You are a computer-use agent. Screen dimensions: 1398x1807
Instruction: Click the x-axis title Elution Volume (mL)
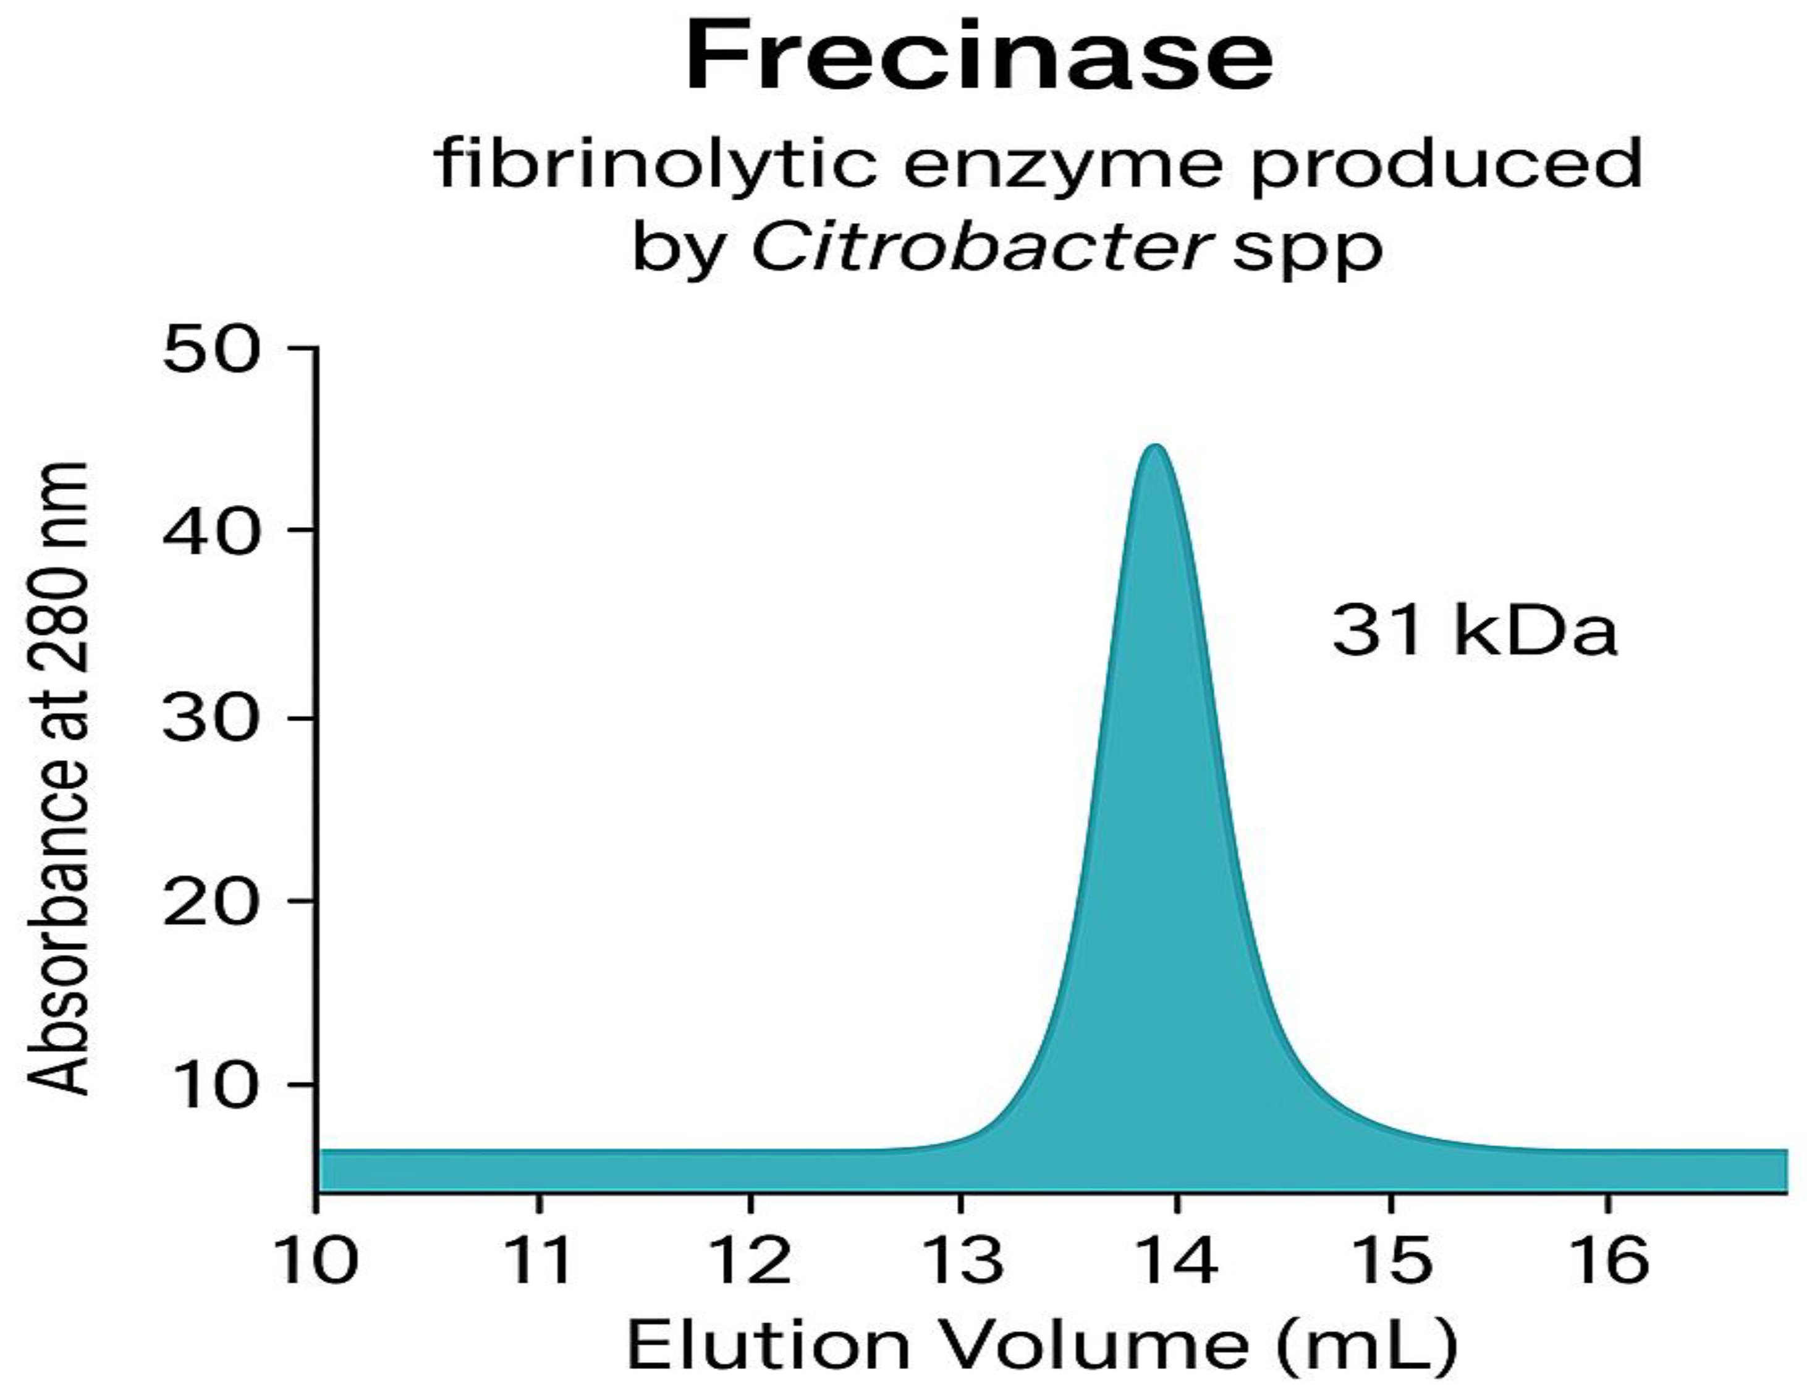[1042, 1346]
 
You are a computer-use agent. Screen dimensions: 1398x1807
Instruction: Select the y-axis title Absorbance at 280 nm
[58, 777]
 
